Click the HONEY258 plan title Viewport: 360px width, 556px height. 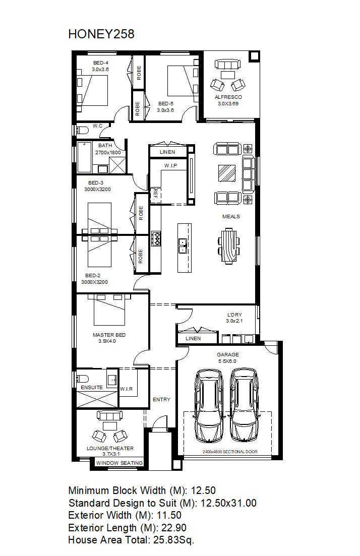coord(101,34)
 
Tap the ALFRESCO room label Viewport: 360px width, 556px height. coord(228,97)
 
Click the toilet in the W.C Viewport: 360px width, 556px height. coord(82,130)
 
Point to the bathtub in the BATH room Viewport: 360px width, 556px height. coord(84,157)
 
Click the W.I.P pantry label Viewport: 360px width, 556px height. coord(170,166)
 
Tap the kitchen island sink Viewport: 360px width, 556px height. coord(183,245)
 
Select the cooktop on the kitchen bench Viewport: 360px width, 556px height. coord(156,238)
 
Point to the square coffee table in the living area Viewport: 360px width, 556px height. coord(227,173)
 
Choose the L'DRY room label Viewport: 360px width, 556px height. coord(234,315)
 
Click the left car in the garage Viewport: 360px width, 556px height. coord(209,405)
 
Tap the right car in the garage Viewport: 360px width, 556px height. coord(244,405)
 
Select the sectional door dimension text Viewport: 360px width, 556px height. coord(230,452)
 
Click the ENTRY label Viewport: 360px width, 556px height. coord(161,399)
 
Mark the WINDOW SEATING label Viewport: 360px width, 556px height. coord(119,463)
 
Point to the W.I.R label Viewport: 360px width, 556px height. coord(126,389)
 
